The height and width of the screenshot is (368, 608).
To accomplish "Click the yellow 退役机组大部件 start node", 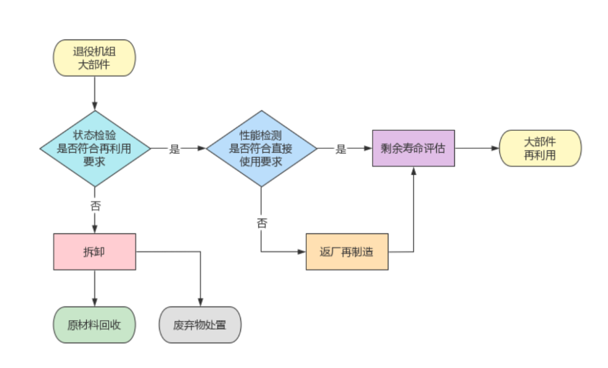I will (x=94, y=58).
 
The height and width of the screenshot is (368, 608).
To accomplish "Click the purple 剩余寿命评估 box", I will (x=413, y=148).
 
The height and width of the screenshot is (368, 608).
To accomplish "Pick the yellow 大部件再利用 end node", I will (x=540, y=148).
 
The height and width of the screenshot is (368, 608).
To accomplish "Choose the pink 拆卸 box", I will (x=95, y=252).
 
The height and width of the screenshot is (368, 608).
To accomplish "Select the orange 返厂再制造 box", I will (x=347, y=252).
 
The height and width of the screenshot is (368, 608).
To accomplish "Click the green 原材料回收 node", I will (x=94, y=325).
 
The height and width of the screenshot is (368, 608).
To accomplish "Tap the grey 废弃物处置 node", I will (x=200, y=325).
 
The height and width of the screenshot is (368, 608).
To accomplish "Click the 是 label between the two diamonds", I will (x=175, y=149).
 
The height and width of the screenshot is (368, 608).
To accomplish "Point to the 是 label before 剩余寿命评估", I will (x=341, y=149).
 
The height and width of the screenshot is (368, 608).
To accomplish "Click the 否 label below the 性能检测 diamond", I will (x=262, y=223).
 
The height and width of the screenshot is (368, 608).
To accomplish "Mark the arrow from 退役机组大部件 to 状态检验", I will (x=95, y=93).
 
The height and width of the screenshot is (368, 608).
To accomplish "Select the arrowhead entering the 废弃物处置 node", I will (x=200, y=302).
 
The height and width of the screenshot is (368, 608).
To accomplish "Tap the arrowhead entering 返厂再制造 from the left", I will (x=301, y=252).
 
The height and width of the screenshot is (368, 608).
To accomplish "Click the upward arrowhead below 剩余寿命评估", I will (x=414, y=171).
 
